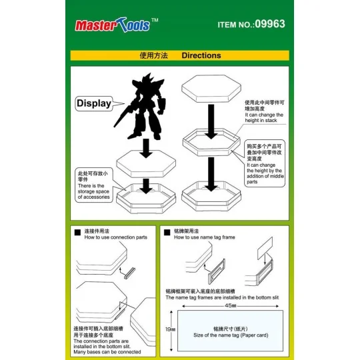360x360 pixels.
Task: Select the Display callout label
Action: click(x=94, y=103)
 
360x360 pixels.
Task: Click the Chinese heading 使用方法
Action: click(x=151, y=56)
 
